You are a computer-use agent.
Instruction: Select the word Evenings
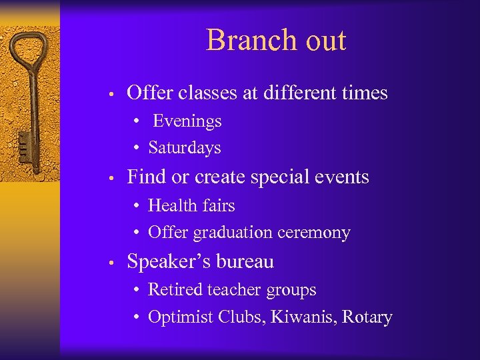pyautogui.click(x=187, y=121)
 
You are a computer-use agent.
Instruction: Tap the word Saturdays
pyautogui.click(x=184, y=148)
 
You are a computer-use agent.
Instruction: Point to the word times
pyautogui.click(x=362, y=93)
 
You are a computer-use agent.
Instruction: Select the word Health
pyautogui.click(x=170, y=205)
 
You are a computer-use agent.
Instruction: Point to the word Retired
pyautogui.click(x=175, y=290)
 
